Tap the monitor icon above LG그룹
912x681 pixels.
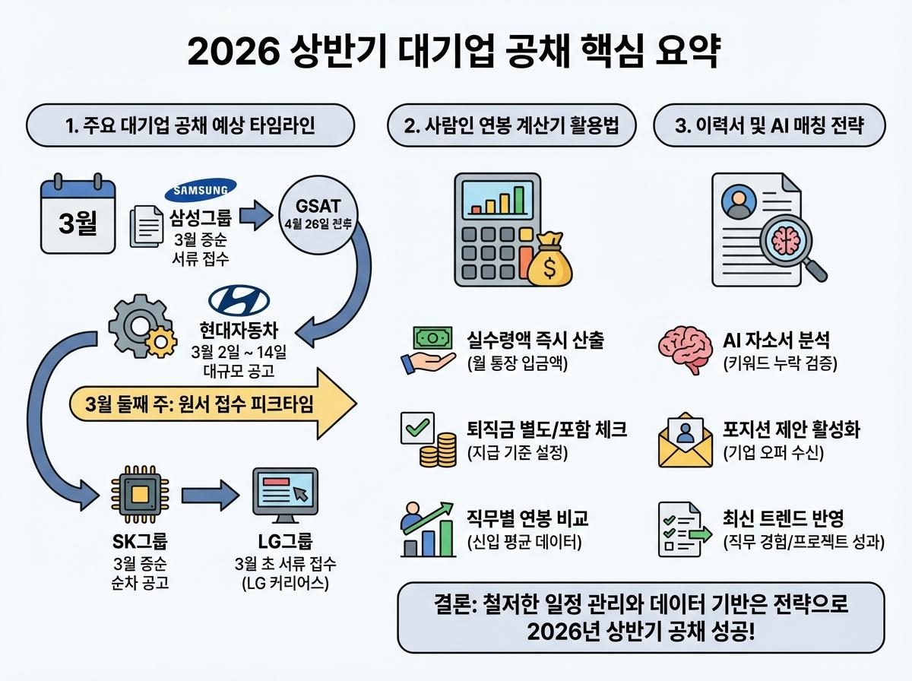point(285,496)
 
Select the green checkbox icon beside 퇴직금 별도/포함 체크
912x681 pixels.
point(416,428)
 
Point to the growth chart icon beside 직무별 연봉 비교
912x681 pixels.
point(427,527)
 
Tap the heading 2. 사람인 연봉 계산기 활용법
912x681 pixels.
point(511,126)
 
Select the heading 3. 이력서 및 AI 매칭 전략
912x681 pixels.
point(769,126)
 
